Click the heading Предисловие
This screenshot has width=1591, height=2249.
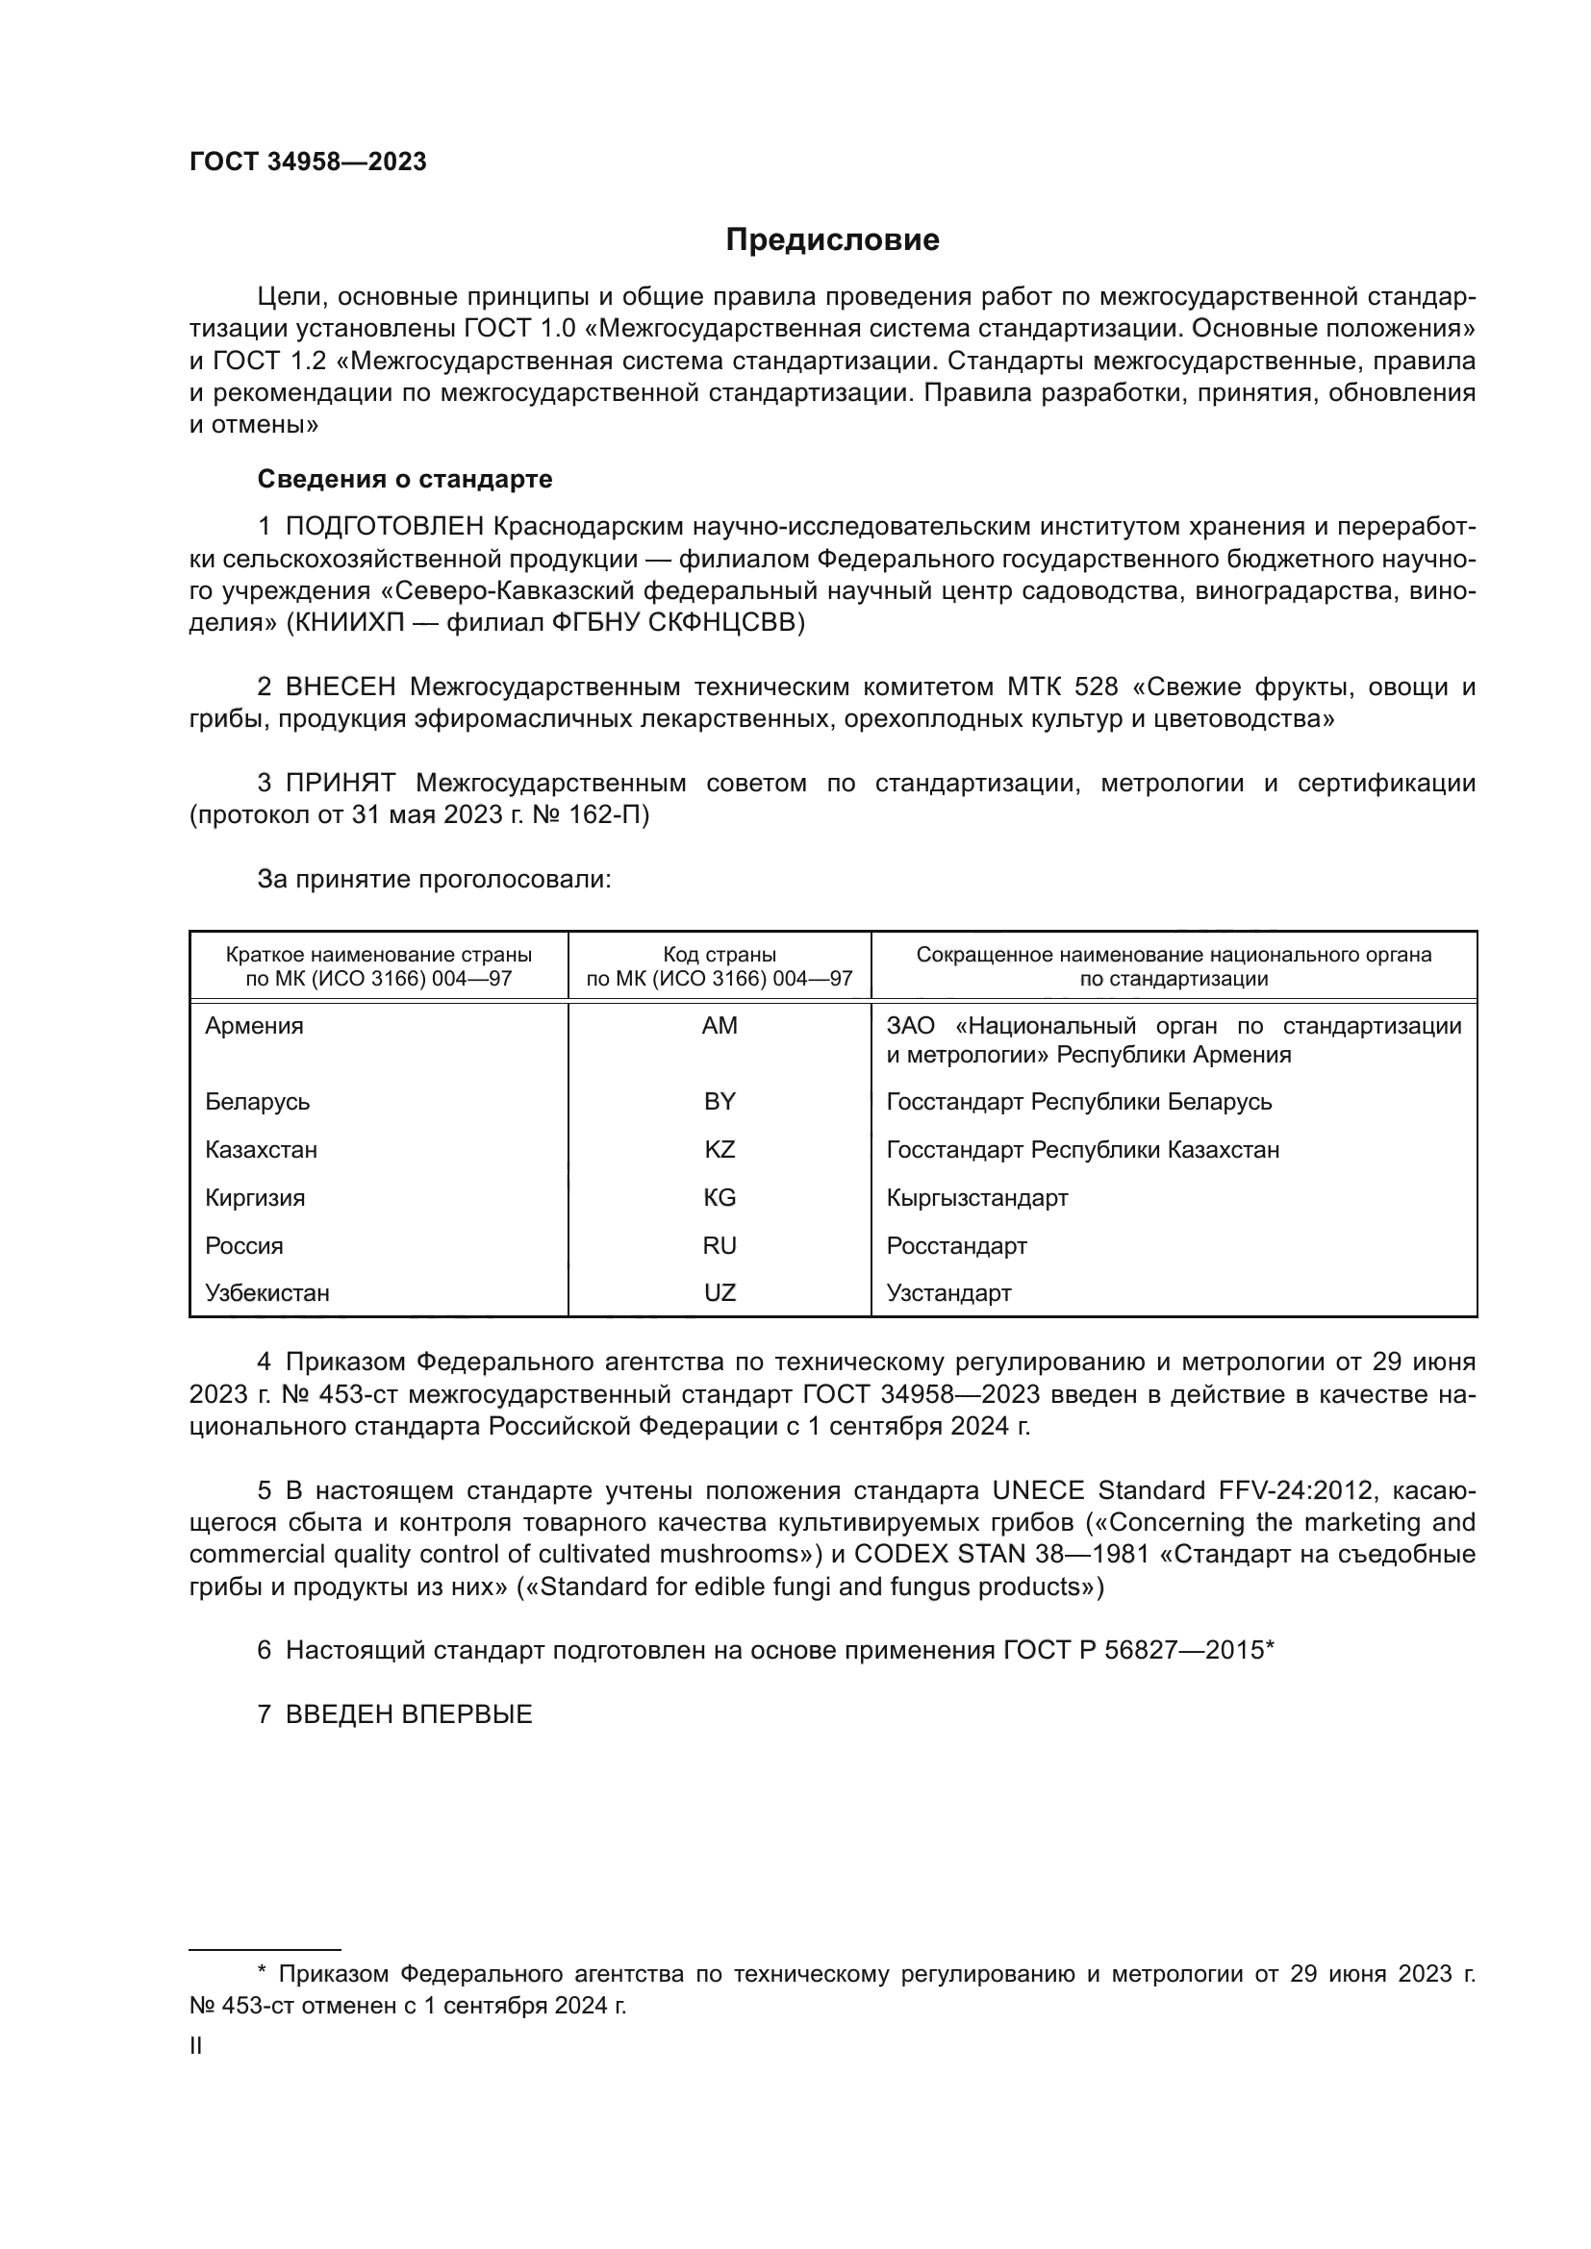click(832, 240)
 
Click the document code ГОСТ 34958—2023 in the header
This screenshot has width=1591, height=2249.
click(308, 162)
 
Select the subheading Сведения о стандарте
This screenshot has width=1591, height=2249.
click(405, 479)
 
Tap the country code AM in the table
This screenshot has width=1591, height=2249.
click(720, 1026)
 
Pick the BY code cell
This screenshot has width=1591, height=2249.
click(720, 1101)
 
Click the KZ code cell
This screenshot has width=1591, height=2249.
click(720, 1149)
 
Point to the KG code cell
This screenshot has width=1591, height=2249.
click(720, 1197)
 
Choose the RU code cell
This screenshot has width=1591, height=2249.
click(720, 1245)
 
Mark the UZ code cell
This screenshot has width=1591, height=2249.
click(720, 1292)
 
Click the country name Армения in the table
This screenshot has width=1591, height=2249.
click(254, 1026)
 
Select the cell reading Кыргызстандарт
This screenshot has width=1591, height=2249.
click(976, 1197)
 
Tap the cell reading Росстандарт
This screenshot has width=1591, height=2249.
click(956, 1245)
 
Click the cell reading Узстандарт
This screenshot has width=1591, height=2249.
click(948, 1292)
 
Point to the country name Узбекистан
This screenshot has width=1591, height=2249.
click(266, 1292)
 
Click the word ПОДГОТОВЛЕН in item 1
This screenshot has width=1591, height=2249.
click(384, 527)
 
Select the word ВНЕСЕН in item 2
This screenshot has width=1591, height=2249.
click(341, 687)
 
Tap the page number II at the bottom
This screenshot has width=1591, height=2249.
click(196, 2045)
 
